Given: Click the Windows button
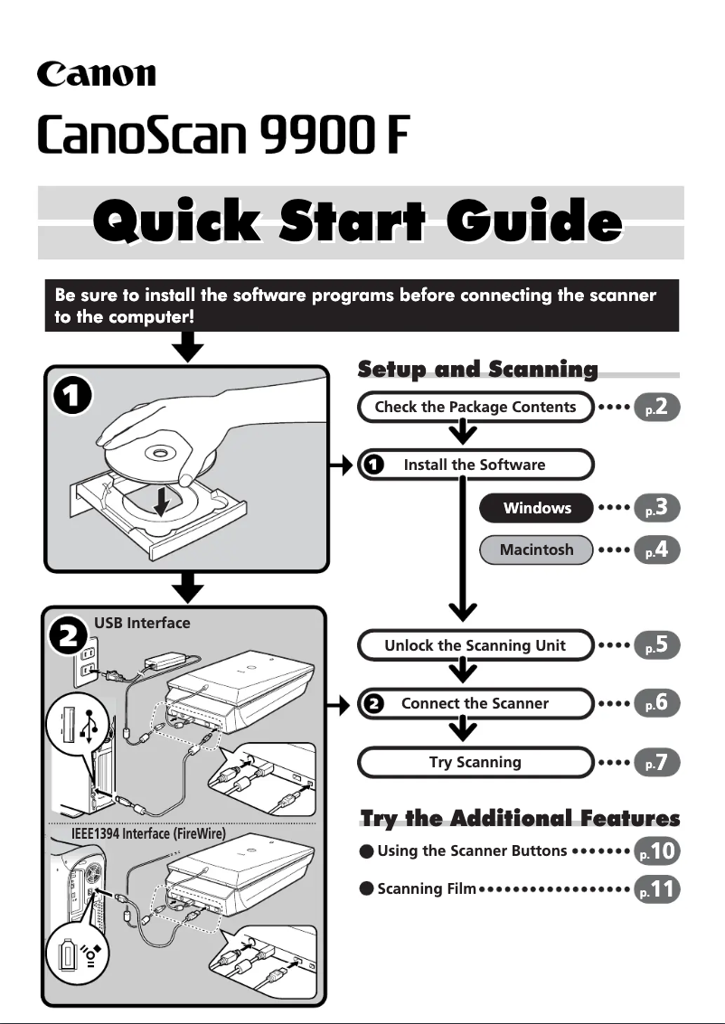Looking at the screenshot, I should [537, 508].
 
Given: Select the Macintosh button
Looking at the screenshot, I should [537, 550].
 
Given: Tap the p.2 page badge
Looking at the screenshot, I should [657, 408].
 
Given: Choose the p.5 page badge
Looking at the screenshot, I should [657, 645].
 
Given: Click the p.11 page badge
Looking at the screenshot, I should [657, 889].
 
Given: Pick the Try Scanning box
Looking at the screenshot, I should [475, 762].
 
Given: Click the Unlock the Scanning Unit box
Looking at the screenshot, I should [475, 645].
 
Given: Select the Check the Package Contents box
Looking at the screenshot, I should [475, 407].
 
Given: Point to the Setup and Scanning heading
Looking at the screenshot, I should [477, 369].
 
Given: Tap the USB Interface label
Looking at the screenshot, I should [142, 623].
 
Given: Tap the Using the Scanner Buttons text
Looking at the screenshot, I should [472, 850].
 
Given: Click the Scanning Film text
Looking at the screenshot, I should [426, 889].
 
